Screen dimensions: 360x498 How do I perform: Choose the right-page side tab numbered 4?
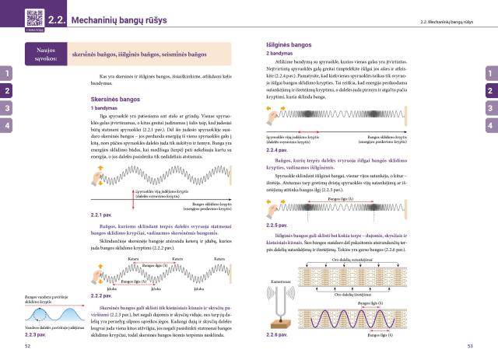(x=490, y=124)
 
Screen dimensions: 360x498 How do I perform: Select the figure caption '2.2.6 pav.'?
(x=278, y=334)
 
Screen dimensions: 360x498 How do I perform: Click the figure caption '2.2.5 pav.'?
(x=278, y=225)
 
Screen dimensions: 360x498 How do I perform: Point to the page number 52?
(x=28, y=348)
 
